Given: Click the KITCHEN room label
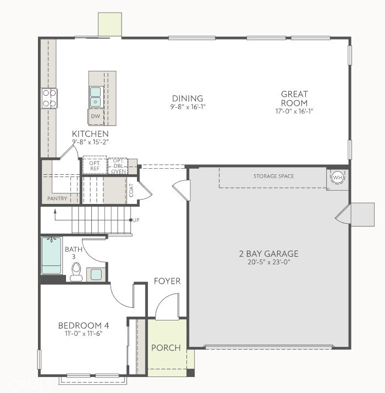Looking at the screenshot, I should (90, 134).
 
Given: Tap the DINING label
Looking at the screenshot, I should (188, 99).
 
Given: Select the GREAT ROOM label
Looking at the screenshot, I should (294, 98).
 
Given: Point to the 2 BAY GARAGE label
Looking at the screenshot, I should (268, 254).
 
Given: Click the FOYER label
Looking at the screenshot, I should (167, 281).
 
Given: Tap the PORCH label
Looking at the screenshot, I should (166, 347).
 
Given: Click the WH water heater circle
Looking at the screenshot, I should (337, 178).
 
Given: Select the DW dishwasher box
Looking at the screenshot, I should (95, 117).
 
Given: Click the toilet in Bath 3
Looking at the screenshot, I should (76, 271).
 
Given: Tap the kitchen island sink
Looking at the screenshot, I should (96, 97).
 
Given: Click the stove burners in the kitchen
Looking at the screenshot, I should (49, 98).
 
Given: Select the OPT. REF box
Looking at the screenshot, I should (95, 165).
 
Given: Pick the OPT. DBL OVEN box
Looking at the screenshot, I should (118, 166).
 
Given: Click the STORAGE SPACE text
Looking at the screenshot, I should (273, 176).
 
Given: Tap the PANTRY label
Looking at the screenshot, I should (57, 198).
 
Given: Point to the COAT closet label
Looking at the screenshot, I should (131, 190).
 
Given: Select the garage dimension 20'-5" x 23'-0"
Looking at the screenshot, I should (268, 263).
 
